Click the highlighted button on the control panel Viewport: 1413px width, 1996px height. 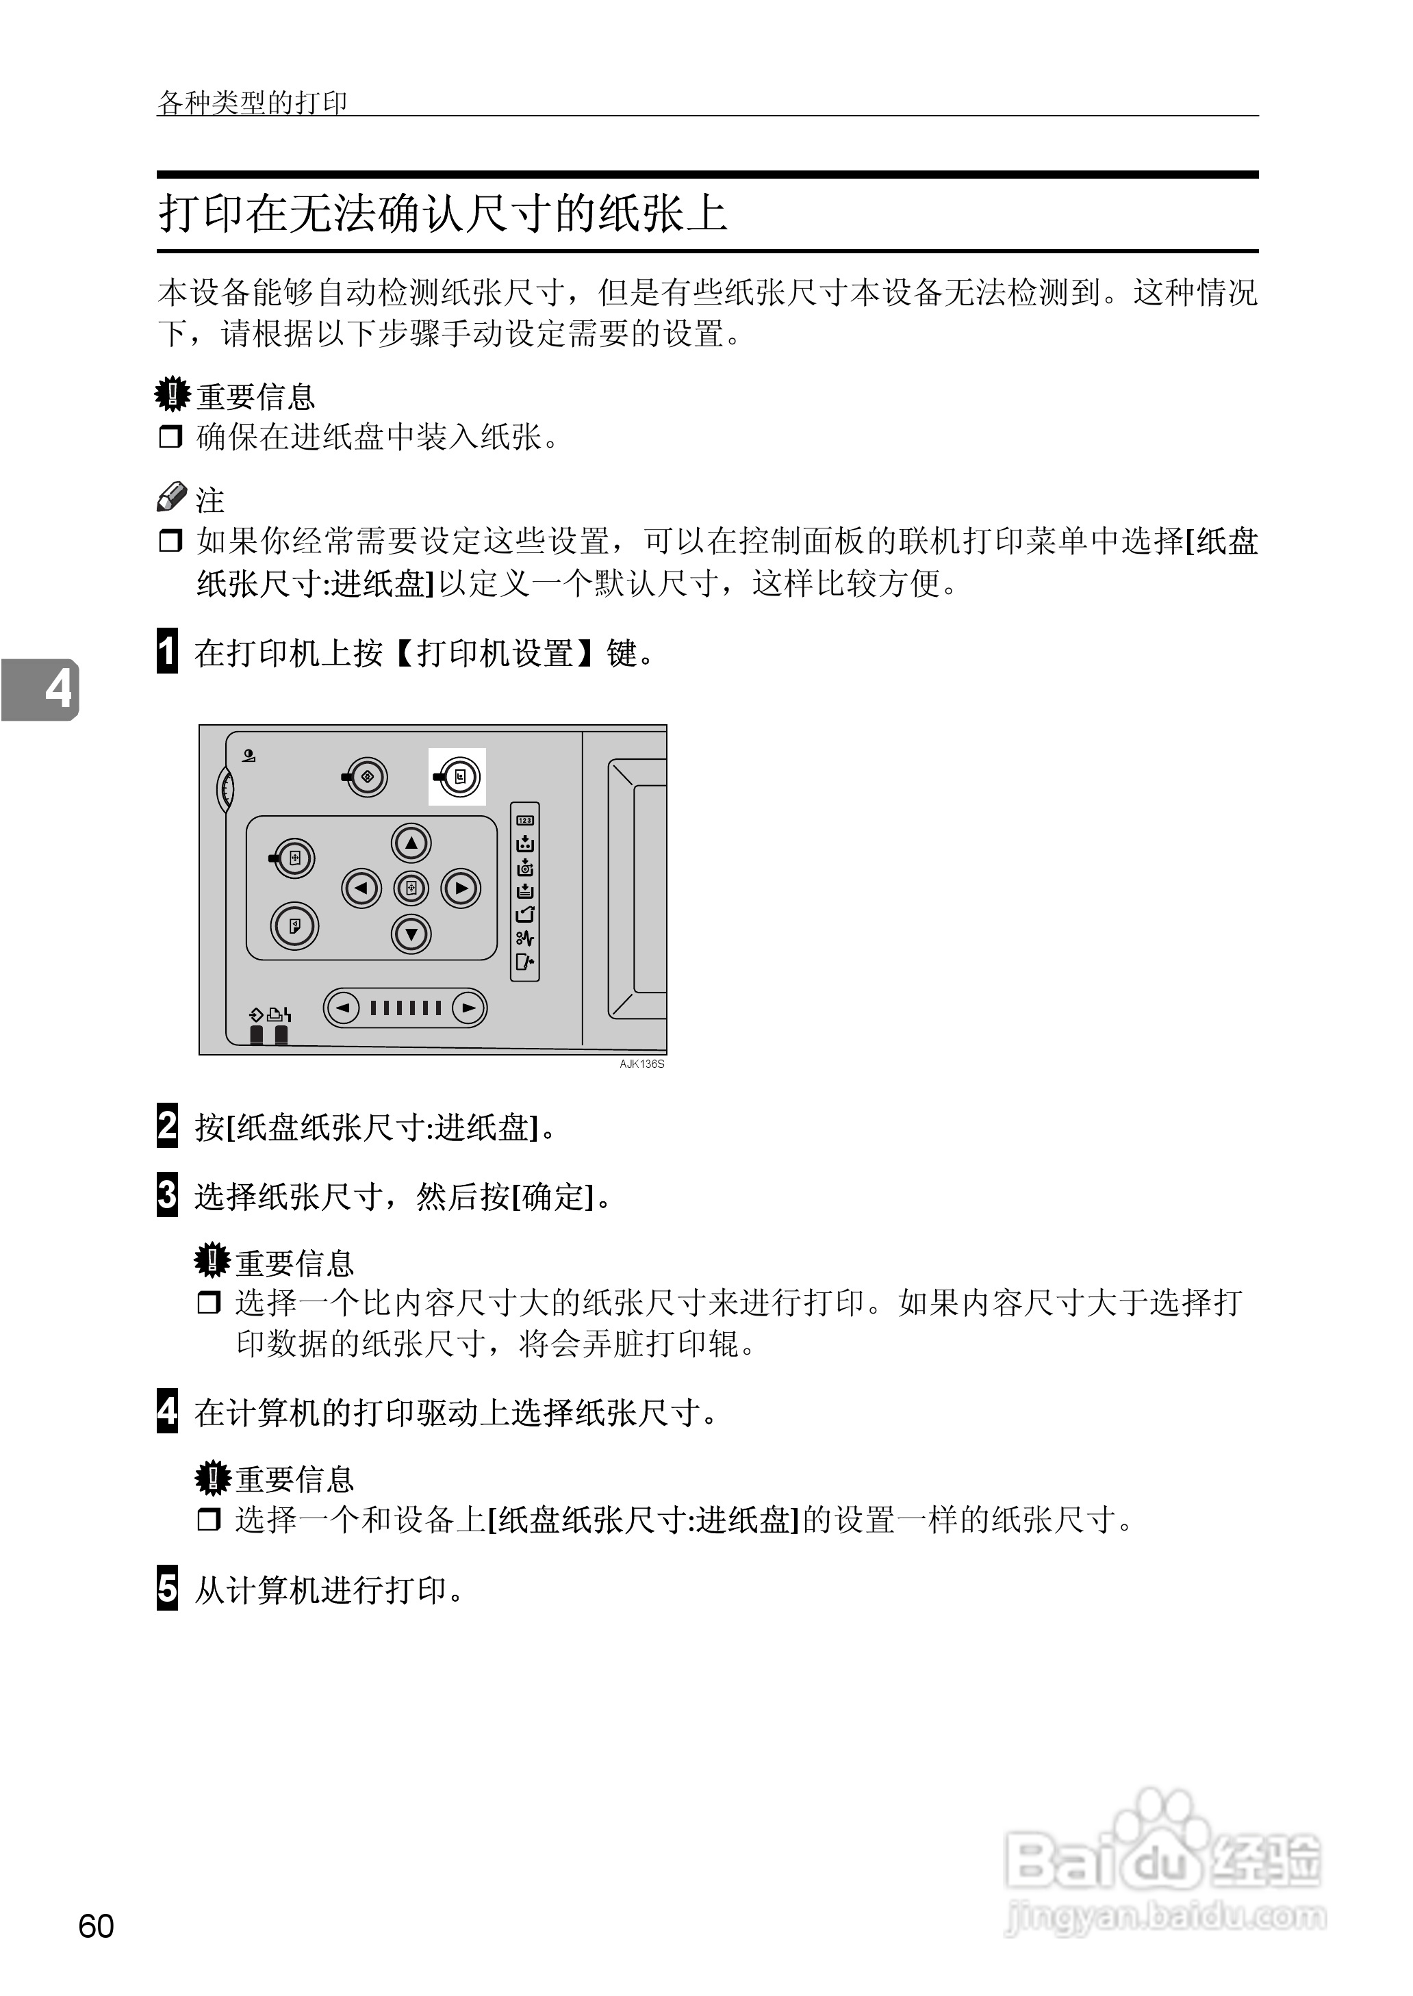click(x=459, y=777)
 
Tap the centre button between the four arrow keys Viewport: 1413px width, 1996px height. click(x=411, y=888)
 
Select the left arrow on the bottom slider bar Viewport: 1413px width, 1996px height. click(x=344, y=1008)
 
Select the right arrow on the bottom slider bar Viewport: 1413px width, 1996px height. click(x=468, y=1008)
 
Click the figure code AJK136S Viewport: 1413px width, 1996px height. click(x=642, y=1064)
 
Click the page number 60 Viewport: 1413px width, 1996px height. click(x=96, y=1926)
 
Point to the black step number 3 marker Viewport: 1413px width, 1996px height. click(x=167, y=1194)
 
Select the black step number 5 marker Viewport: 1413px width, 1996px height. click(x=167, y=1587)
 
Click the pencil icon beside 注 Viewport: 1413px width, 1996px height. click(x=171, y=497)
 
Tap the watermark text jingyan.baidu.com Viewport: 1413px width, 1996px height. click(x=1166, y=1916)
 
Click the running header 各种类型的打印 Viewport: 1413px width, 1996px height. click(x=253, y=103)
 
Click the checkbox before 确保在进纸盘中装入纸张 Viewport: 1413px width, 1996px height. click(x=170, y=437)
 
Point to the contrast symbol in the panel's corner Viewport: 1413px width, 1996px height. click(x=249, y=755)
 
